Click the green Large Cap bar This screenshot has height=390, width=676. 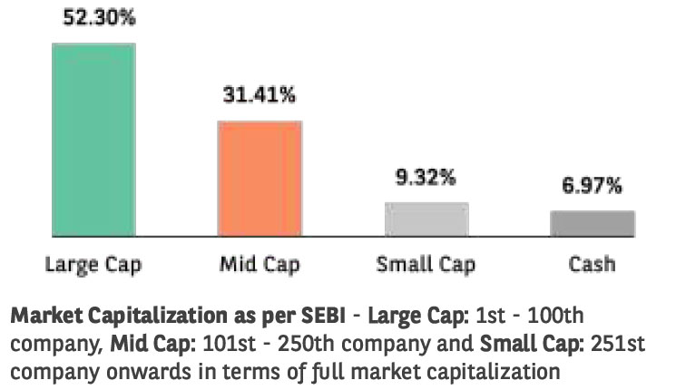point(93,141)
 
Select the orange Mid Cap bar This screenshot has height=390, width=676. point(260,180)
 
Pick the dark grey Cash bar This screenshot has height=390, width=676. point(592,224)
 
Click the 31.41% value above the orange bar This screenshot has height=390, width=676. point(260,94)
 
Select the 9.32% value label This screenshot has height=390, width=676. point(425,178)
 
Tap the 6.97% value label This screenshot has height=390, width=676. point(591,186)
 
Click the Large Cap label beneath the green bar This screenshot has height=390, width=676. point(93,265)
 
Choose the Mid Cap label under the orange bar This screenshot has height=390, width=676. point(260,265)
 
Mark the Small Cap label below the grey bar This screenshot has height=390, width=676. point(426,265)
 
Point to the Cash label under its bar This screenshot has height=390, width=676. point(592,265)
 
